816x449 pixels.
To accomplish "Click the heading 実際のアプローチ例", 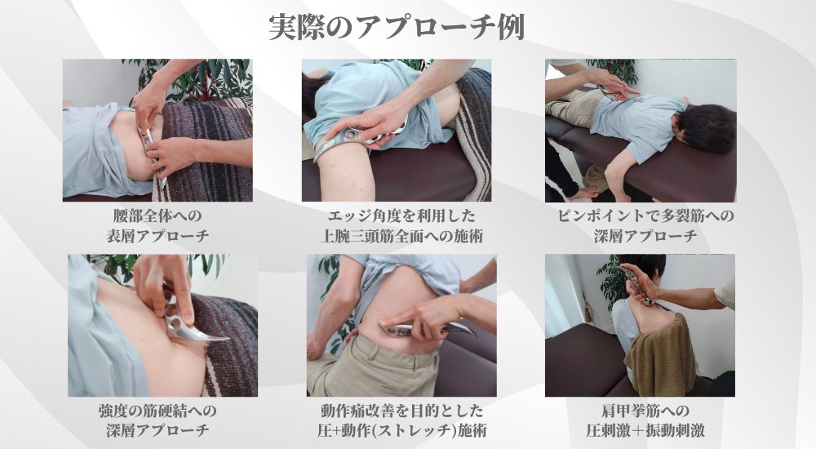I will point(397,25).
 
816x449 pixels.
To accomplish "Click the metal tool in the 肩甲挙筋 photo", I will point(639,286).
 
